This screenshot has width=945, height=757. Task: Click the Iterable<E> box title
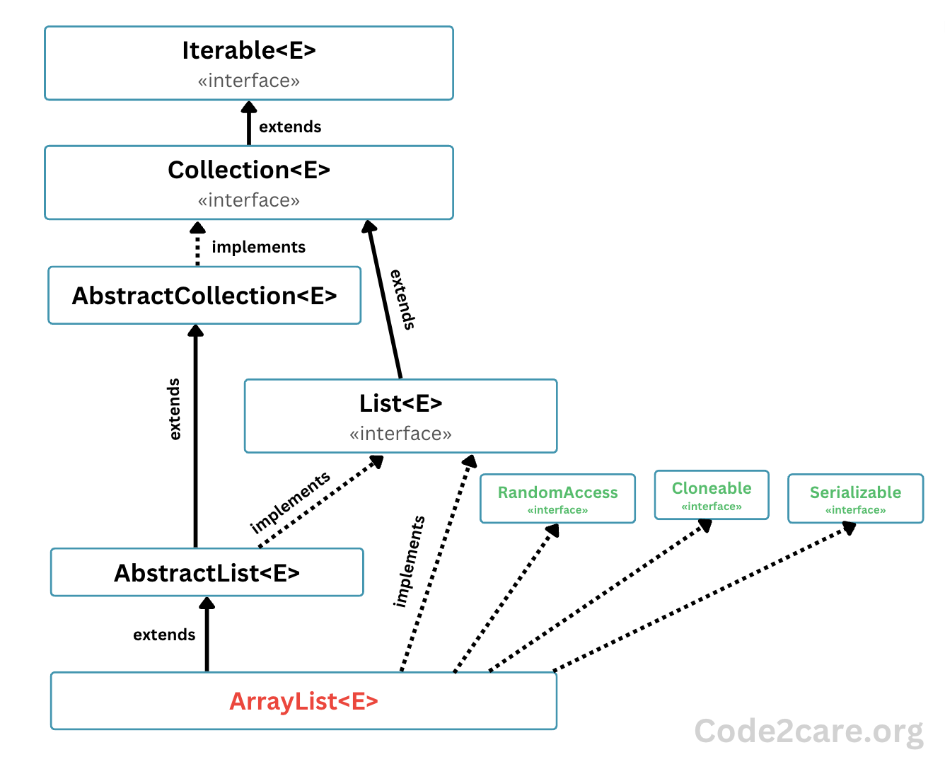tap(248, 51)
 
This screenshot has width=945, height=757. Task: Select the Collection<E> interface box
tap(248, 183)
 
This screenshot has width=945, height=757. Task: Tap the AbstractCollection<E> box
tap(204, 296)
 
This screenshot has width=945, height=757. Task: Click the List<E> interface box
tap(400, 416)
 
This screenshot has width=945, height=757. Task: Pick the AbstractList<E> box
tap(207, 572)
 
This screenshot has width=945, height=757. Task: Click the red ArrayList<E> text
tap(303, 701)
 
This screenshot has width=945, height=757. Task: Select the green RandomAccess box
tap(557, 498)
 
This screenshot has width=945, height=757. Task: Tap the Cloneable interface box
tap(711, 495)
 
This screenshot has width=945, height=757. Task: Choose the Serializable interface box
tap(855, 498)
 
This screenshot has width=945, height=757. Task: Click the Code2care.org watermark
tap(808, 731)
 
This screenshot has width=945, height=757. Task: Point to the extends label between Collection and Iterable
tap(290, 127)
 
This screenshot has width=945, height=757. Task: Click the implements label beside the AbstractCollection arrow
tap(258, 247)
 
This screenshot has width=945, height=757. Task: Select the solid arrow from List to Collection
tap(384, 300)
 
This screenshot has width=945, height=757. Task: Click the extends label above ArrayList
tap(164, 635)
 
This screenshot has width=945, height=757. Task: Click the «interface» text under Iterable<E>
tap(248, 81)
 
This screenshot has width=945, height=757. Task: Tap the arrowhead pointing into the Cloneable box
tap(705, 526)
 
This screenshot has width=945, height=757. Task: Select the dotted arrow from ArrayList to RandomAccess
tap(506, 598)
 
